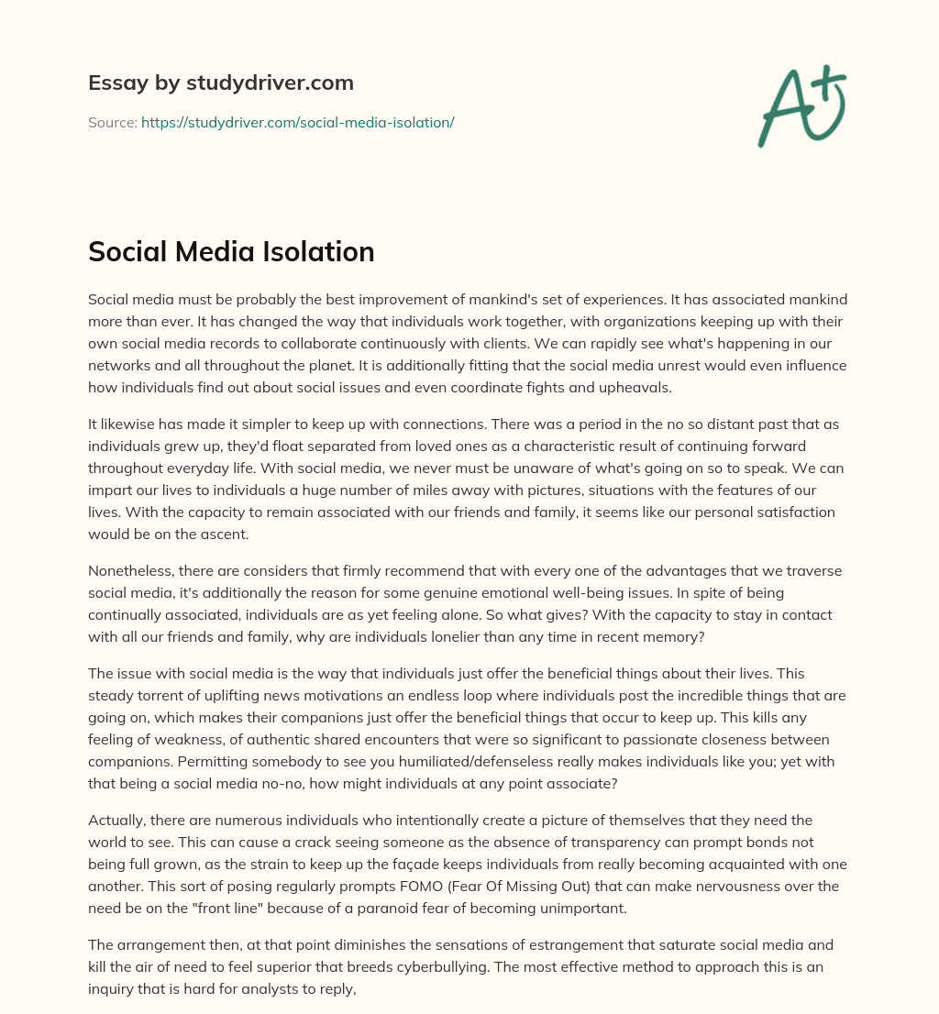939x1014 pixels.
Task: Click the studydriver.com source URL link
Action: click(x=297, y=122)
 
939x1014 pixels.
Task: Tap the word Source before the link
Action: click(x=112, y=122)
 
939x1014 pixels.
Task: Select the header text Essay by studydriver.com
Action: click(x=221, y=83)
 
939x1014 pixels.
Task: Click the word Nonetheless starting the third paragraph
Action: click(x=131, y=571)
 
